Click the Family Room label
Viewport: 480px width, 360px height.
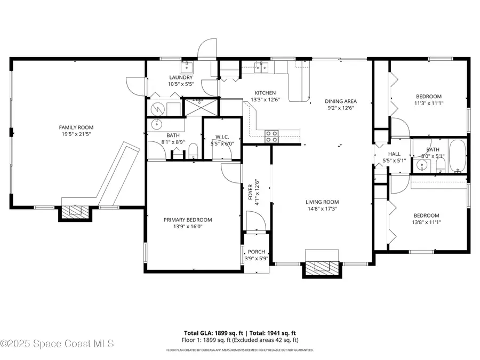pos(76,127)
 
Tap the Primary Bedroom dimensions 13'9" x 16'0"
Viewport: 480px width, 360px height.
pos(188,227)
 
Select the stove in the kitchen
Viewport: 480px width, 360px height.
pos(271,136)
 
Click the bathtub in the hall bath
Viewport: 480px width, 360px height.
pos(458,156)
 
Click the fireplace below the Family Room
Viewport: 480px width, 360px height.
pos(75,212)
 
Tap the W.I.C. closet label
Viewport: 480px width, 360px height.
pos(222,137)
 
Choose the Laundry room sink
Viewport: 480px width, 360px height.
pos(186,67)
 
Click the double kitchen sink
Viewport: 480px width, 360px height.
pos(261,67)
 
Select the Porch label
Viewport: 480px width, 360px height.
pos(257,252)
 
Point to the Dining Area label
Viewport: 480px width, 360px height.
pos(341,101)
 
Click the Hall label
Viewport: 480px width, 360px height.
pos(394,154)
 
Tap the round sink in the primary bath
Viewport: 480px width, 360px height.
pos(157,124)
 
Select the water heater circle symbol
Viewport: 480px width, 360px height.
pos(158,108)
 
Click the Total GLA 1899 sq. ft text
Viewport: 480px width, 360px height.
pos(214,333)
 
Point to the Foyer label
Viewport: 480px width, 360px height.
pos(251,192)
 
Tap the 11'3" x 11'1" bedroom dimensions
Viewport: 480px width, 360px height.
pos(429,103)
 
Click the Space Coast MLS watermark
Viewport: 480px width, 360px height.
pos(57,343)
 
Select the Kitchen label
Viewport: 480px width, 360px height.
pos(266,93)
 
